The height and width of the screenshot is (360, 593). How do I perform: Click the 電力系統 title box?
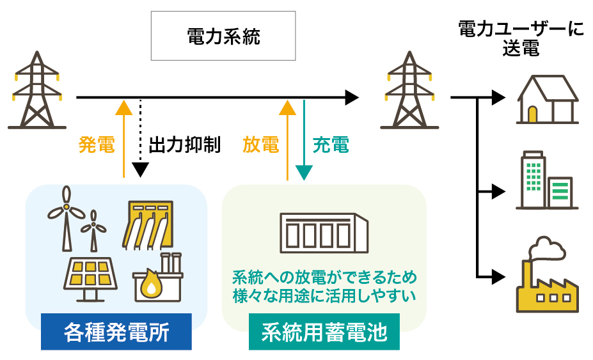coord(223,36)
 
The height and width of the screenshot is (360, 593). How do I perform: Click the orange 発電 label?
coord(97,145)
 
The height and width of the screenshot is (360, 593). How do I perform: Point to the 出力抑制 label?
coord(184,145)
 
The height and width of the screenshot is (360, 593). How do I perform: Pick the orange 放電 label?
coord(261,145)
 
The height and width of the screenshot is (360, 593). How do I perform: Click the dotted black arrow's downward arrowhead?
coord(141,170)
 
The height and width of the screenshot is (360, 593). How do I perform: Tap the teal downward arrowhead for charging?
coord(304,173)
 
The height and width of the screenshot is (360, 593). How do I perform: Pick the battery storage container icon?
coord(324,232)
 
